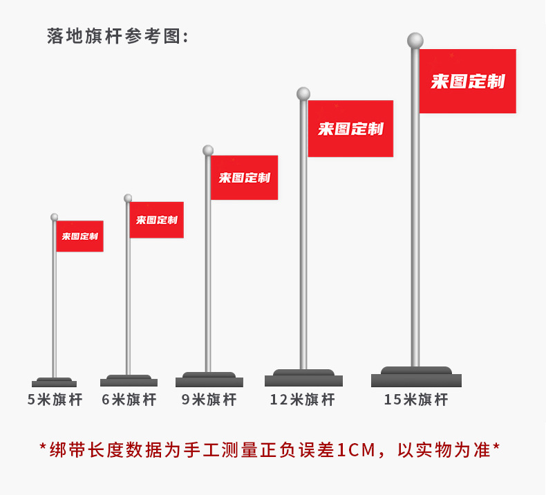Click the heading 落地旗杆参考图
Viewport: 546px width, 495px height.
coord(117,36)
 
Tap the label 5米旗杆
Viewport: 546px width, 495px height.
coord(55,400)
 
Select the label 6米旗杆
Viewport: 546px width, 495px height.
coord(129,400)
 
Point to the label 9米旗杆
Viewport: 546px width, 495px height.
coord(209,400)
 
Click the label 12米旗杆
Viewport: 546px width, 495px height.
coord(302,400)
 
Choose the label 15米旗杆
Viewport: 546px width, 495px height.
coord(416,400)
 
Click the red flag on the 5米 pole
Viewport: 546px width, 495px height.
coord(79,236)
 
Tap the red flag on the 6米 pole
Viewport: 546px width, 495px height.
coord(156,220)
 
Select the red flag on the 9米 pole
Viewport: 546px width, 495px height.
coord(244,178)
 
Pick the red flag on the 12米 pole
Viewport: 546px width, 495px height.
coord(350,129)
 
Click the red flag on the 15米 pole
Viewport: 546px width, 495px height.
coord(468,81)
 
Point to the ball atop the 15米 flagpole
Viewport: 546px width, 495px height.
coord(415,40)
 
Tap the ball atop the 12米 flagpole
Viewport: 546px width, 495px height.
coord(303,93)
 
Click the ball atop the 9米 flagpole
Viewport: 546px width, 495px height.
coord(208,150)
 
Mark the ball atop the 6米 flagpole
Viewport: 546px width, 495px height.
coord(128,198)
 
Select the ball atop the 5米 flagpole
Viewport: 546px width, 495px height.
coord(55,217)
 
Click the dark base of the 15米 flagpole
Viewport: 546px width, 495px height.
coord(416,377)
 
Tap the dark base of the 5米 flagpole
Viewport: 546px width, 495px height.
coord(54,382)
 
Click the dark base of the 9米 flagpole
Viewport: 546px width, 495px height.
coord(209,380)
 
